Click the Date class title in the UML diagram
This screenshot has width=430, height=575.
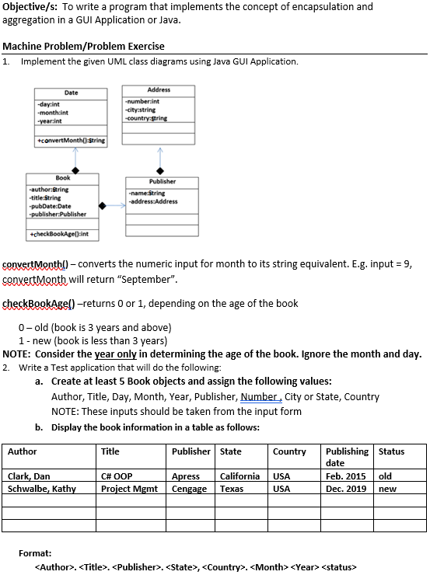click(71, 92)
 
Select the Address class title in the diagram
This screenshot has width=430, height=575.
click(159, 90)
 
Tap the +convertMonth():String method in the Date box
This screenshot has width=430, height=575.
click(71, 141)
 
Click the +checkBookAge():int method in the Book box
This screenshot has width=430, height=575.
click(59, 233)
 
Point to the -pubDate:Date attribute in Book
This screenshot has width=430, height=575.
click(51, 206)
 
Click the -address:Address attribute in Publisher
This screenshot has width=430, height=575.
click(154, 201)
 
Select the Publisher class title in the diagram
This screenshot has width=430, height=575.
click(162, 181)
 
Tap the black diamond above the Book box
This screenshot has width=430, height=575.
click(75, 170)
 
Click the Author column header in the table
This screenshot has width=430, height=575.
click(23, 451)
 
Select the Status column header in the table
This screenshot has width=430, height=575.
click(391, 451)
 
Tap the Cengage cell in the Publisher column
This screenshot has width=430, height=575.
click(190, 489)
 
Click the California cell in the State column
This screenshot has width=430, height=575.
click(240, 476)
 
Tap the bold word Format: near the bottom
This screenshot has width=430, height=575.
click(35, 553)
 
